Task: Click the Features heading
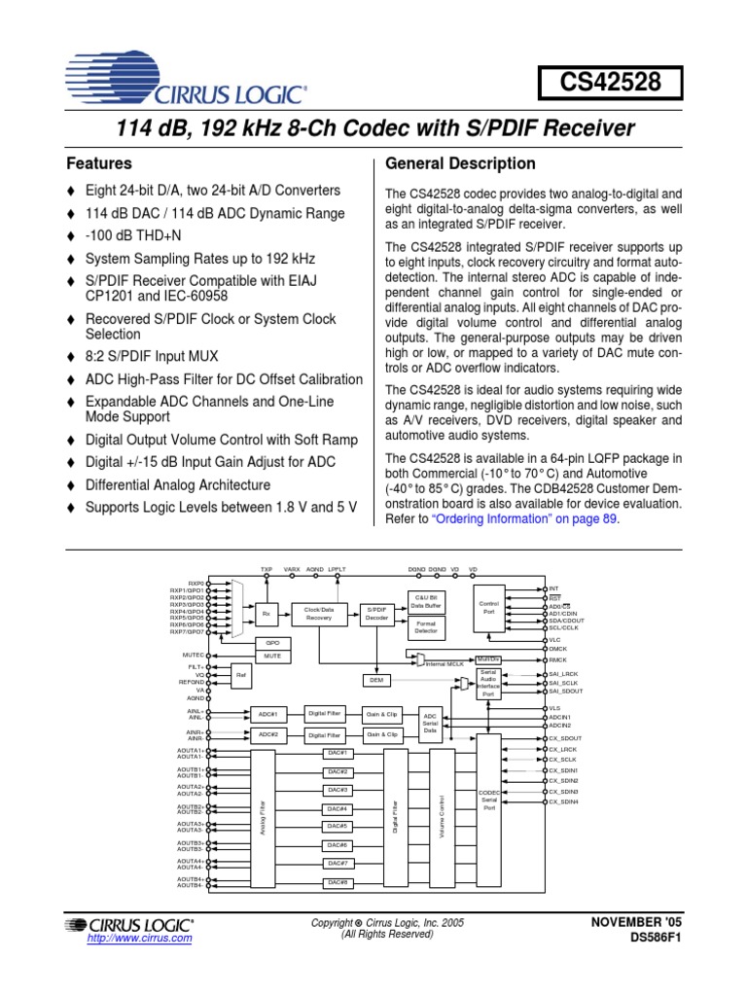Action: (98, 163)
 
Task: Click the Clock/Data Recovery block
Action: (319, 613)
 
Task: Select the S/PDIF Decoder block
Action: (376, 613)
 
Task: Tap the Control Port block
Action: (489, 608)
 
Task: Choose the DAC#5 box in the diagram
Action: (338, 827)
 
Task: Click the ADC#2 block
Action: (267, 735)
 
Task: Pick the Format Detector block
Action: (425, 627)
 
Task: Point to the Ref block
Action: (240, 673)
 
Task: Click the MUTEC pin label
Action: (192, 656)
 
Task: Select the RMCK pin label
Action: (558, 658)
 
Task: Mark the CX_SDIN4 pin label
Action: (563, 801)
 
